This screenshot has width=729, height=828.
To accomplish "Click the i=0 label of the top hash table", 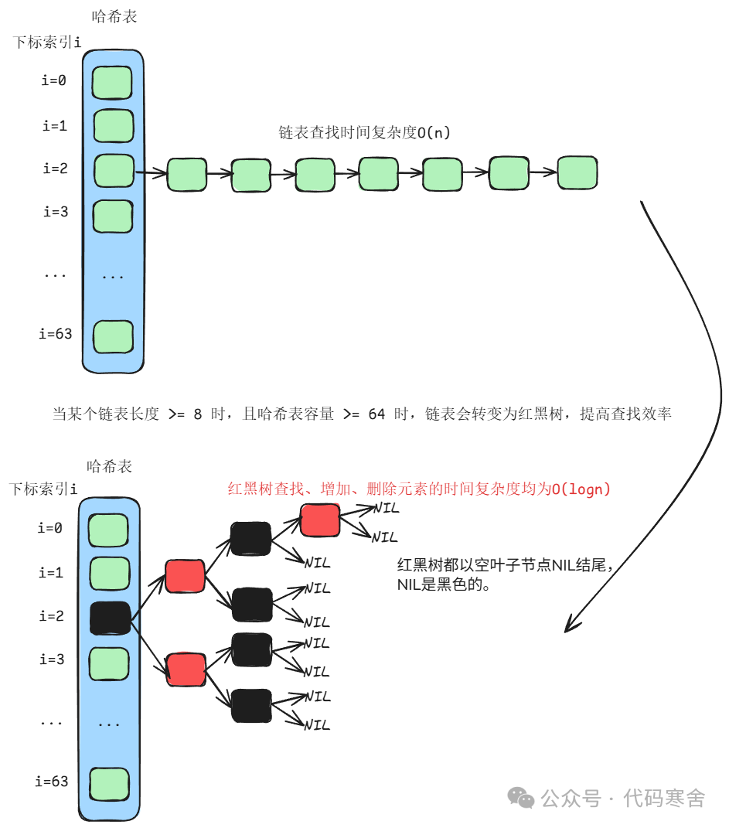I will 53,80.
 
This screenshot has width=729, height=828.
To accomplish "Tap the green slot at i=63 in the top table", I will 113,336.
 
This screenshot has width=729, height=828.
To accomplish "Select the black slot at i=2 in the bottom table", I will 109,618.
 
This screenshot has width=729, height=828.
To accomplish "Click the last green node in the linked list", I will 577,172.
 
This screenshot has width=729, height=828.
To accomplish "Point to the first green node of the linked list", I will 187,174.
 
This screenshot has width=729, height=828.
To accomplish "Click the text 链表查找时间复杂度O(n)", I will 364,133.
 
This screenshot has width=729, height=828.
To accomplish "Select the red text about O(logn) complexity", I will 419,489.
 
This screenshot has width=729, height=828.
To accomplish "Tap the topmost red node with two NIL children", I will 320,520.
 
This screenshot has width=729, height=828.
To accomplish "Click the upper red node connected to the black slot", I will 185,577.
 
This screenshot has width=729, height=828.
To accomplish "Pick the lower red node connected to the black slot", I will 186,670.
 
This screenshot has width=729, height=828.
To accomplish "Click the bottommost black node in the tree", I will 252,705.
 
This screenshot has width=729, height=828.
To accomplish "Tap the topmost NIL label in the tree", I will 385,509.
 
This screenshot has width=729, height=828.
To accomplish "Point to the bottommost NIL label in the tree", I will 317,724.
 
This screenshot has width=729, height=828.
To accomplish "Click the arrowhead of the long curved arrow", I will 569,625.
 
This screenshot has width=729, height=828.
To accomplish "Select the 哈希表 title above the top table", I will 114,17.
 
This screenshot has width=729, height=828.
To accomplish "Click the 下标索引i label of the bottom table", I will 43,489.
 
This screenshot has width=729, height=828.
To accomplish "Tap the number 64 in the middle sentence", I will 376,414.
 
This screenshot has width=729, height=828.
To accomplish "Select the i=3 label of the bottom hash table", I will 51,659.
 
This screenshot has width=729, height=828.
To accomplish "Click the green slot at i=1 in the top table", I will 114,125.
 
